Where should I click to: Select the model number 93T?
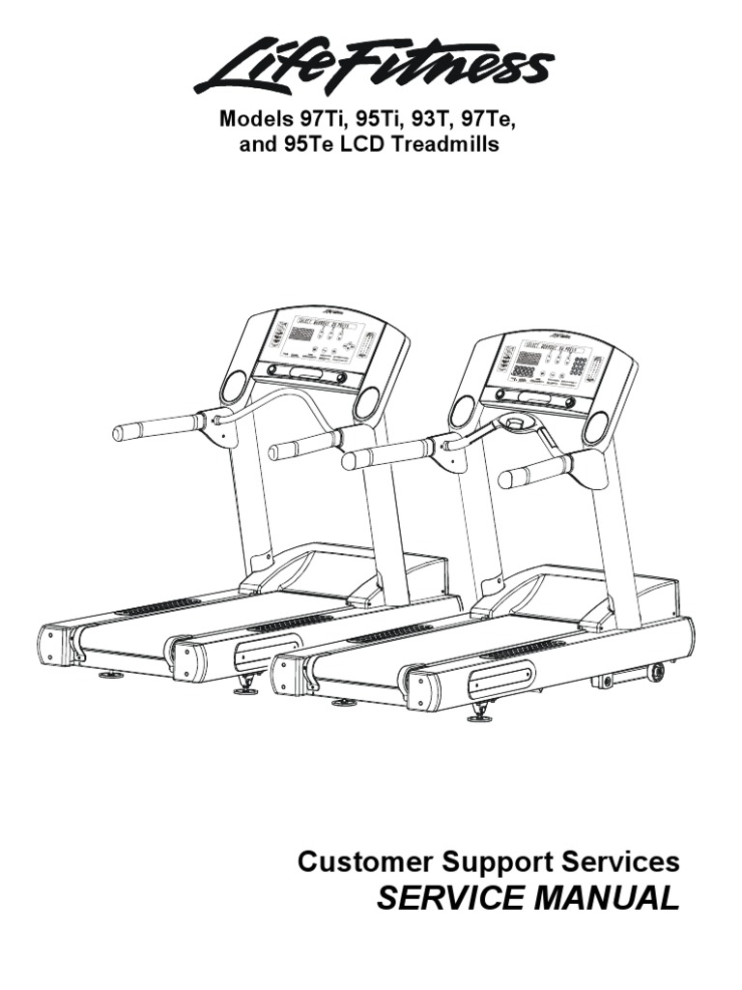click(x=431, y=120)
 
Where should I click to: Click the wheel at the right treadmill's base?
click(x=657, y=670)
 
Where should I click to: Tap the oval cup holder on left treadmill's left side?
click(x=233, y=386)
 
